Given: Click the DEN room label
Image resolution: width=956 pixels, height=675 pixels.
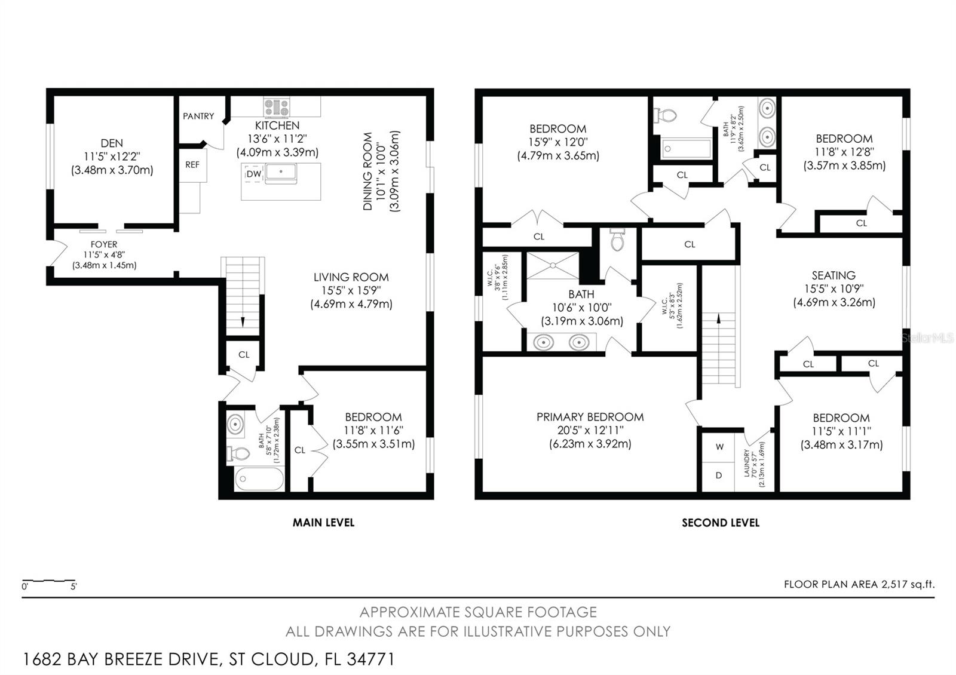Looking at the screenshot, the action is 112,143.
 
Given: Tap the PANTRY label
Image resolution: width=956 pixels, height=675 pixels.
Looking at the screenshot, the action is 198,116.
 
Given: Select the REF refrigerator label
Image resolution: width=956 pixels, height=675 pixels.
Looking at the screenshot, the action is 192,165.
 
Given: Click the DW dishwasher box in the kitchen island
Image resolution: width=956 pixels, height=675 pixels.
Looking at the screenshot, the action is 253,174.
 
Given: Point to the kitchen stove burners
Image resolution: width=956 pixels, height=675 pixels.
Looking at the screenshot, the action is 276,107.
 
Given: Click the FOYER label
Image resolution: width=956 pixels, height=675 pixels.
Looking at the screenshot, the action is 104,244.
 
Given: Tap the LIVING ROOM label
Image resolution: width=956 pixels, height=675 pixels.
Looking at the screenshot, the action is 351,277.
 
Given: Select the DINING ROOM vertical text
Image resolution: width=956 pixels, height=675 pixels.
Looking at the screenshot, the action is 367,171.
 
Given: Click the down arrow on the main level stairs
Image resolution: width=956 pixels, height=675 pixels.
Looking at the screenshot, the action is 243,322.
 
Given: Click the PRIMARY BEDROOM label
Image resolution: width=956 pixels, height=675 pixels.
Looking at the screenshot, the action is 590,417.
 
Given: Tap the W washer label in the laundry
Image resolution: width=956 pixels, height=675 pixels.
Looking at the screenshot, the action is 719,447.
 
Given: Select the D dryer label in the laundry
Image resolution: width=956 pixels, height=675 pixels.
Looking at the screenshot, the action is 719,475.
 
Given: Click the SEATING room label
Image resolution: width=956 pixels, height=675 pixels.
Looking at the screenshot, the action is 834,275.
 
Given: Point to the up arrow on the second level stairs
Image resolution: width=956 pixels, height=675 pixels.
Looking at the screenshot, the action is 719,318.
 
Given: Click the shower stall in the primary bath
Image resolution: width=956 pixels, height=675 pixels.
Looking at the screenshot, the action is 553,265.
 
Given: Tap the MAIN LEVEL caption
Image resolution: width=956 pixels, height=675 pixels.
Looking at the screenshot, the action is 323,523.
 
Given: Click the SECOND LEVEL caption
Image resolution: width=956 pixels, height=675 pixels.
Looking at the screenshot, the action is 721,523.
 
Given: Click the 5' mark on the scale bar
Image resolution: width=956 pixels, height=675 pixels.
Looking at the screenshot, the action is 74,587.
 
